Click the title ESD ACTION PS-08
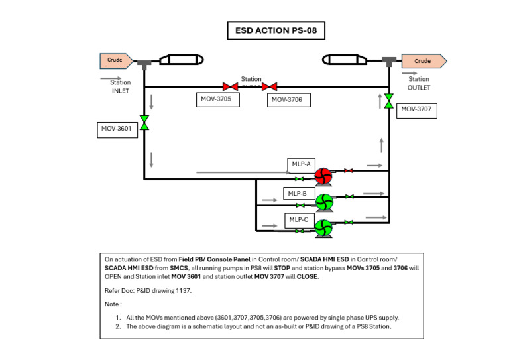(x=276, y=30)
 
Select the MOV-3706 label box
(x=288, y=100)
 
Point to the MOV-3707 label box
(x=418, y=109)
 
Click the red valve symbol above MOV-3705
(x=230, y=86)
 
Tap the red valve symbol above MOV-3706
(x=269, y=86)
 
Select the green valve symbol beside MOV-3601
(x=144, y=123)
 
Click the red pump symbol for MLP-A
(x=323, y=178)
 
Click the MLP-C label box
(x=297, y=219)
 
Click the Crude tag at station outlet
(x=424, y=61)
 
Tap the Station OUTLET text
(x=419, y=83)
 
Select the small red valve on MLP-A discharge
(x=349, y=171)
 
